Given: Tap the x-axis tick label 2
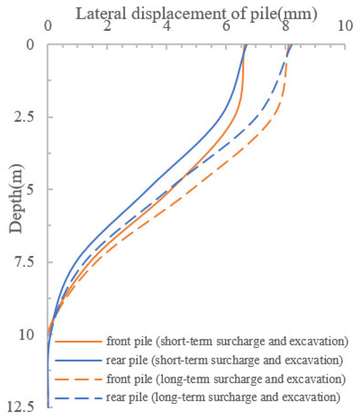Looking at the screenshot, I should (x=107, y=29).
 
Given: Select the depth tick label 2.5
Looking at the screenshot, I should (x=26, y=118).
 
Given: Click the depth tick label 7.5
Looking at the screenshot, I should (x=26, y=263).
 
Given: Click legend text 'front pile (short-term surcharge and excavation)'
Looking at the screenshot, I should (x=226, y=341).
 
